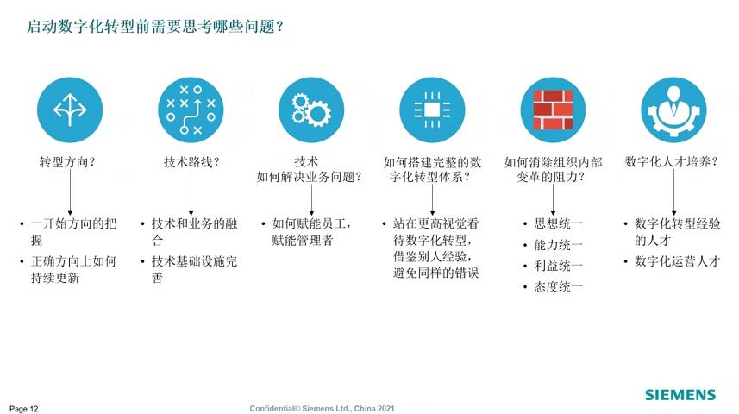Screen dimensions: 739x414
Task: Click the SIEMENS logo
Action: click(x=680, y=395)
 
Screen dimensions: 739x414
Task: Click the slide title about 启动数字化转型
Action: click(x=155, y=27)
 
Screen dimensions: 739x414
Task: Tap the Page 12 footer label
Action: click(x=23, y=409)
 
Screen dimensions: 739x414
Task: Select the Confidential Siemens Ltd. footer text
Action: click(x=322, y=408)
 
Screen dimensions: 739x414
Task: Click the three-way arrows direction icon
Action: click(x=70, y=110)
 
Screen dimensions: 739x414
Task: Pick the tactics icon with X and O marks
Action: click(x=191, y=110)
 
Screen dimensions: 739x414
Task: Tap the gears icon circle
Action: click(x=311, y=110)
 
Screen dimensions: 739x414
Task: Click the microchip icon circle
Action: click(x=432, y=110)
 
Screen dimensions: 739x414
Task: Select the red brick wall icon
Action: click(x=553, y=110)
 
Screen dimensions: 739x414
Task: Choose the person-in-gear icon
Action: click(x=674, y=110)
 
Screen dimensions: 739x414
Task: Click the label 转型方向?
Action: click(x=67, y=162)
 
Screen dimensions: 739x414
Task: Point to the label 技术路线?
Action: click(x=191, y=162)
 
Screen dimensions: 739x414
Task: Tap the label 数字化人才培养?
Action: click(x=672, y=162)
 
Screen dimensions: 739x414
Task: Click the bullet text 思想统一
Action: click(x=559, y=223)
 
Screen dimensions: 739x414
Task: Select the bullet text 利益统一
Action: click(x=559, y=266)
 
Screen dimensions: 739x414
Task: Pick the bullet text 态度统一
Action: click(x=559, y=286)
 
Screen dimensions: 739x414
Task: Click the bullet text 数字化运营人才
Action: click(x=678, y=261)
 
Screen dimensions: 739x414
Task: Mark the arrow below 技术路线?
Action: click(x=191, y=196)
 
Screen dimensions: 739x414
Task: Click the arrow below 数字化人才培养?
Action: click(x=674, y=192)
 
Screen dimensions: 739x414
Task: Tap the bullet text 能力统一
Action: click(x=559, y=245)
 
